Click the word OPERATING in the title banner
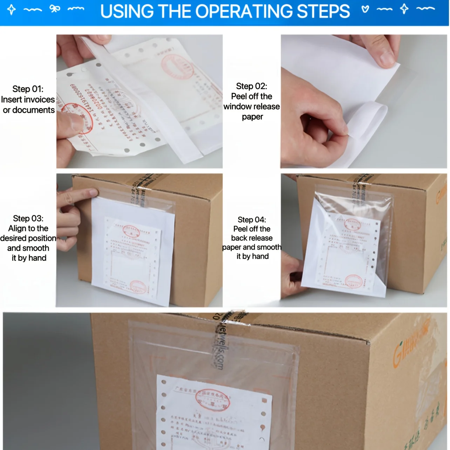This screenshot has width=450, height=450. (245, 12)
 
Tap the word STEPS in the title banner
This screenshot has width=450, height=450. (323, 12)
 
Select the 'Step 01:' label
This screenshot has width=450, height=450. (28, 89)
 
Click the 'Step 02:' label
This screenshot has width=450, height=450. (252, 86)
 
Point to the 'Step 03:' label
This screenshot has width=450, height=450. (28, 219)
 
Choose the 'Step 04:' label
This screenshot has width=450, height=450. (252, 220)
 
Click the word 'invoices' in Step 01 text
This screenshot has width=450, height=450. (37, 100)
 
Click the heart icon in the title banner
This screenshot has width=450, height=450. (365, 9)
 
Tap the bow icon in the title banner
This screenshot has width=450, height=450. (55, 8)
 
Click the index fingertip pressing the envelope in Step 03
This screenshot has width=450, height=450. (93, 192)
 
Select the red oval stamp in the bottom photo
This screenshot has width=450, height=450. (213, 400)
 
